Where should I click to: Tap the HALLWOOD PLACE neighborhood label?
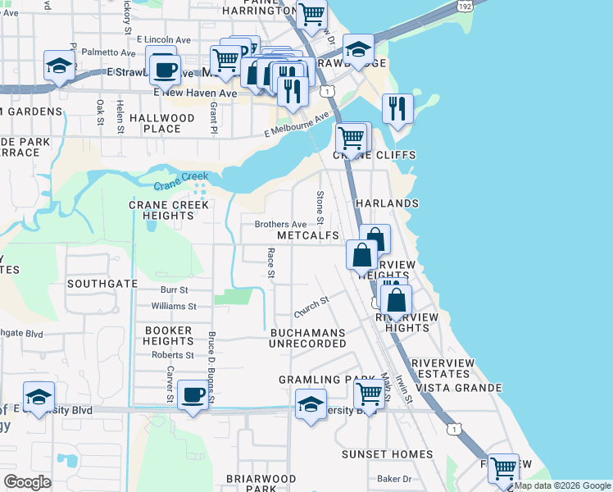162,123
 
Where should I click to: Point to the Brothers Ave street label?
280,224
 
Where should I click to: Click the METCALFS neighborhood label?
308,235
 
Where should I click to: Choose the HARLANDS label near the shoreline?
386,203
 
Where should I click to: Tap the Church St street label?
311,307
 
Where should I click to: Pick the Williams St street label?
174,306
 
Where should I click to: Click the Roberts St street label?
172,355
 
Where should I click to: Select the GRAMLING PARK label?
315,380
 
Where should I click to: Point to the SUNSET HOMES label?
388,454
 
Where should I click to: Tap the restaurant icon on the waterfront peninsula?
397,108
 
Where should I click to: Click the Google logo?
28,482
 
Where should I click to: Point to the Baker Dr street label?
393,478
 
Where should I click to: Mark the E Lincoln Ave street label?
163,39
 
